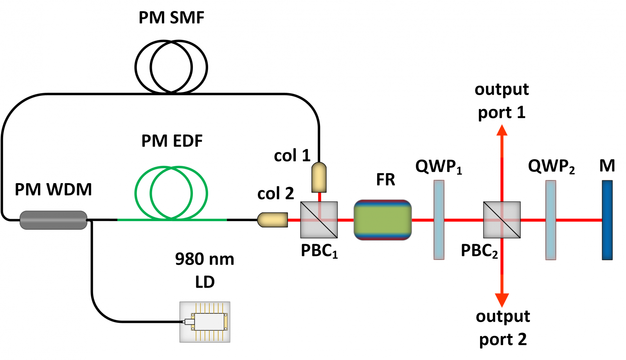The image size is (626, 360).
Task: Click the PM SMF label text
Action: click(171, 18)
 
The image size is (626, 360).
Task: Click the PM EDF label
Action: click(172, 141)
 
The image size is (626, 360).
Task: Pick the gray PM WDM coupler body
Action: click(53, 220)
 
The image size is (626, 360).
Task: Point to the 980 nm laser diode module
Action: click(205, 322)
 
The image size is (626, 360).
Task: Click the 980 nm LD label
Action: click(205, 270)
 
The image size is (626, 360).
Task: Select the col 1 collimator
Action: click(319, 177)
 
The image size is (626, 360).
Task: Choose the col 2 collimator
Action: click(273, 220)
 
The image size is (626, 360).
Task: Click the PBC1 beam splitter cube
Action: click(319, 220)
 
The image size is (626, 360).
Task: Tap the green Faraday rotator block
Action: click(383, 220)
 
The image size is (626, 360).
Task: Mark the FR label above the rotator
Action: click(385, 180)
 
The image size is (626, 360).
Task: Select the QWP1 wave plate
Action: click(439, 220)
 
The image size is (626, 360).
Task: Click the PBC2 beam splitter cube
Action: click(502, 220)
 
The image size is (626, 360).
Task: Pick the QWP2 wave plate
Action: click(551, 220)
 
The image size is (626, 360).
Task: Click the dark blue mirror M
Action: click(607, 220)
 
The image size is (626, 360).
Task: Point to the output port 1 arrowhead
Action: click(502, 130)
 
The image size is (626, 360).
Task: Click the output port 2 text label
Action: click(503, 328)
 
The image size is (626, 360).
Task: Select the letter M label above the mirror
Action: click(607, 166)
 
